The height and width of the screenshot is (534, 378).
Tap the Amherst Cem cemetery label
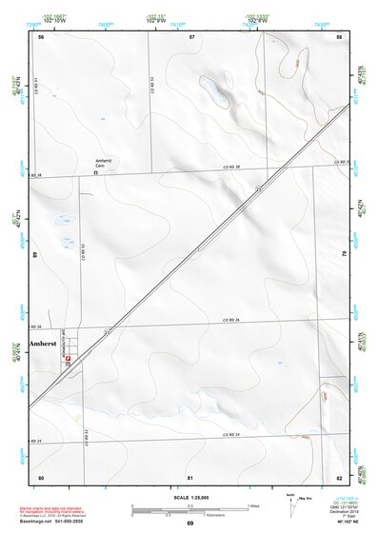point(103,164)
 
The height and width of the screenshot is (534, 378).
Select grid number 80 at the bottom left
point(41,476)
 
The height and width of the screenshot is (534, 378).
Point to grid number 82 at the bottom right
point(338,476)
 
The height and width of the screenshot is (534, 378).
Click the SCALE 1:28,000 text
point(189,498)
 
